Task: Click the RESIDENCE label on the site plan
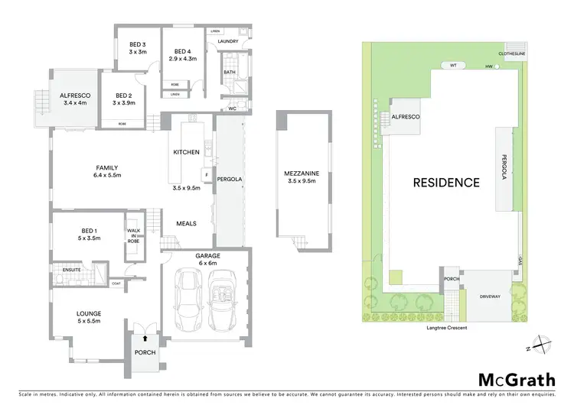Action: [x=446, y=183]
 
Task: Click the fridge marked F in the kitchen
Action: [x=206, y=173]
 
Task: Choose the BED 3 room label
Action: [x=138, y=47]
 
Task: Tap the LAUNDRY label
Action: [x=228, y=41]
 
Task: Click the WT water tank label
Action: [x=454, y=66]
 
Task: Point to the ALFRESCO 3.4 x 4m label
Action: [x=76, y=99]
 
